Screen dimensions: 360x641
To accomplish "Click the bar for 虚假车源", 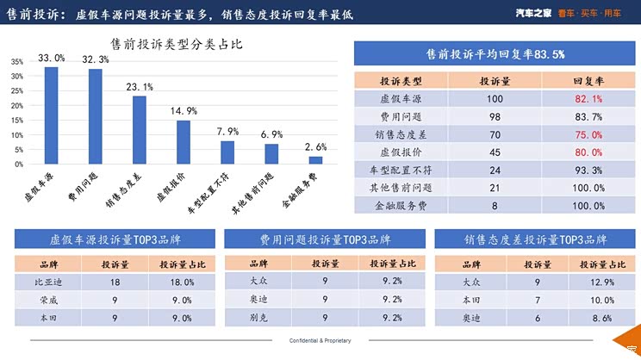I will click(x=52, y=115).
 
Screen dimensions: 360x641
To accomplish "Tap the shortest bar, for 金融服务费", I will click(x=315, y=159).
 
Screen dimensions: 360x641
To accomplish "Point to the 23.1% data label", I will click(x=139, y=87).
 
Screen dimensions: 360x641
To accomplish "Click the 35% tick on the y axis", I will click(x=17, y=62).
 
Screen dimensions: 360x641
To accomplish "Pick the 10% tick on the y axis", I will click(x=17, y=134).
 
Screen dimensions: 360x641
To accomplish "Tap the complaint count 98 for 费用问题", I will click(x=495, y=117).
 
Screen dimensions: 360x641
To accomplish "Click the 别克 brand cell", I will click(x=258, y=317).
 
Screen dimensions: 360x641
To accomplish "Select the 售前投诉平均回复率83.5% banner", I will click(x=495, y=53).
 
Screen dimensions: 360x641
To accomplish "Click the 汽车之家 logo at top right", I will click(x=535, y=13).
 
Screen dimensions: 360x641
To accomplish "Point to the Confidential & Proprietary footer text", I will click(x=320, y=341).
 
